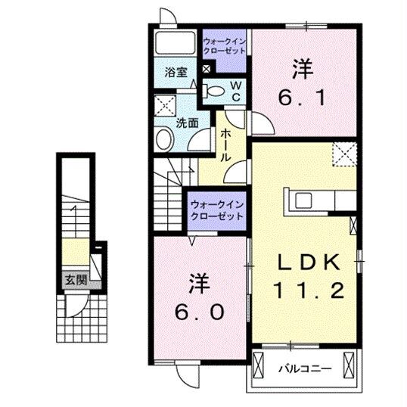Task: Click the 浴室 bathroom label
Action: tap(176, 73)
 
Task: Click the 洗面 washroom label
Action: tap(187, 122)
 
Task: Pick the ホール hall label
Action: tap(226, 147)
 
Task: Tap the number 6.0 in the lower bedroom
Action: tap(199, 312)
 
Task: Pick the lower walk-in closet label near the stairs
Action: tap(217, 210)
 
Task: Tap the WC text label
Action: tap(235, 92)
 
